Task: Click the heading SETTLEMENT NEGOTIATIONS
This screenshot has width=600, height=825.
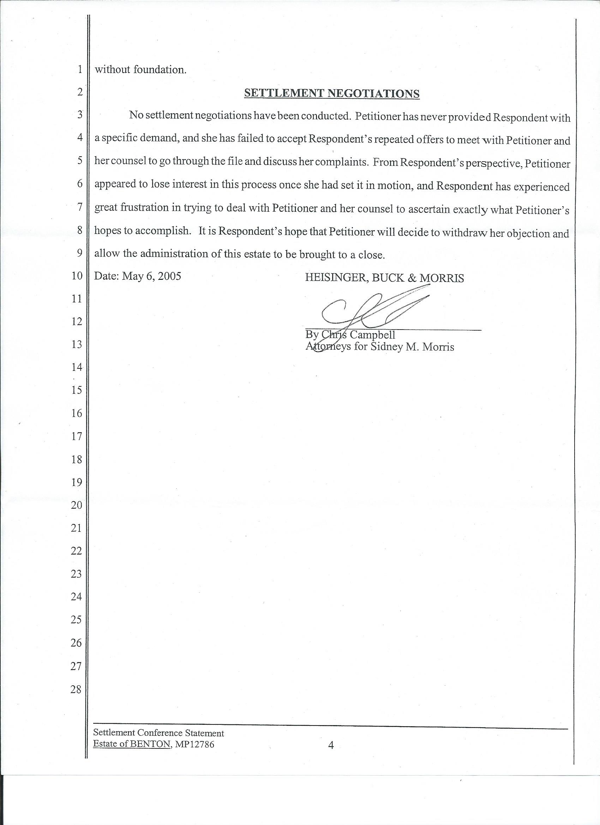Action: (331, 94)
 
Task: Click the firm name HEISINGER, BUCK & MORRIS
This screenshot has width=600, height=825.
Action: (384, 278)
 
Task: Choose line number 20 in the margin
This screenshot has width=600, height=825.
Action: (76, 505)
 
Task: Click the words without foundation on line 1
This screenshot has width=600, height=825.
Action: (140, 70)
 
